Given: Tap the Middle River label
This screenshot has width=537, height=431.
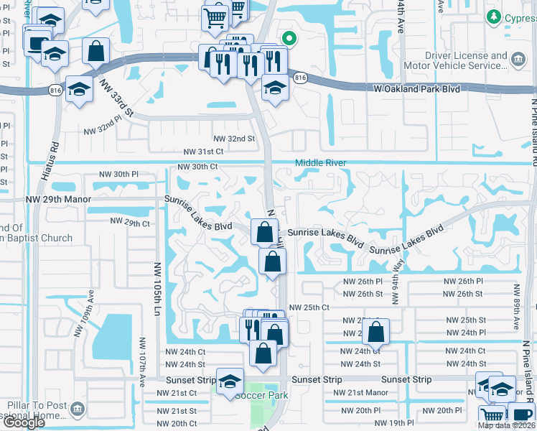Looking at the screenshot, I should [x=320, y=163].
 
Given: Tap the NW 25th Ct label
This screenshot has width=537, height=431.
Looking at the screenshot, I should [x=308, y=307].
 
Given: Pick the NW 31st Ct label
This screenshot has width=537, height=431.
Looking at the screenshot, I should [x=203, y=152].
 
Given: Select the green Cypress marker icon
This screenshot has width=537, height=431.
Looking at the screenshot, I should [x=493, y=17].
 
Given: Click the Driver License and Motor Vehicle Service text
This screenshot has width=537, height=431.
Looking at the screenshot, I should [x=456, y=60].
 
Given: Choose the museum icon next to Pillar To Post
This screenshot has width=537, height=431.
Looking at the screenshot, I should [x=78, y=409].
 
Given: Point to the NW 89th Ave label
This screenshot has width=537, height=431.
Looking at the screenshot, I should [x=515, y=305].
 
